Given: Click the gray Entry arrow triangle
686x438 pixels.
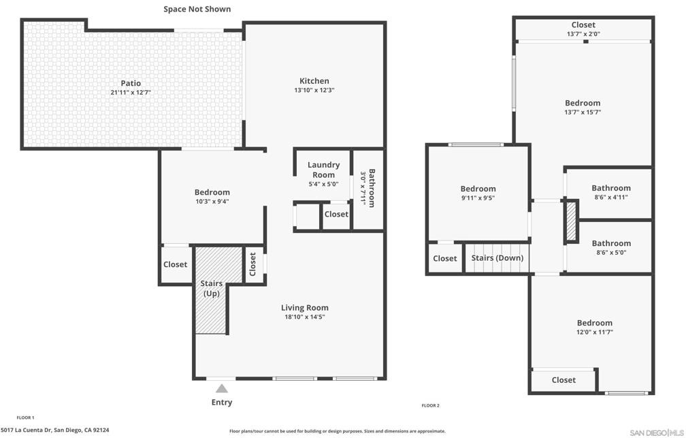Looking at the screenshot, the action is pos(222,388).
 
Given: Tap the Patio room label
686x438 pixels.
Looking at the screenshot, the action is pos(131,83).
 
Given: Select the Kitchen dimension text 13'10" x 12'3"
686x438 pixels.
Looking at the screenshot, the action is pos(314,90).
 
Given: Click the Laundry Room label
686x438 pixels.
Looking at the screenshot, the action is pos(323,170).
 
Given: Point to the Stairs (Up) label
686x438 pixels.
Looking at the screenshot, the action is pos(211,288).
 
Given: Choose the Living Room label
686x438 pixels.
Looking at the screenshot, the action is pos(304,307).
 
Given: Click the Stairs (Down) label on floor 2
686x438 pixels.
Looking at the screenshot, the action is pos(497,257).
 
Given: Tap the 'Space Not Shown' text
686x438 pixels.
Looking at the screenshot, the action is pos(197,9).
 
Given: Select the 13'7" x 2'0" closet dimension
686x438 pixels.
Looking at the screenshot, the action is pos(583,34).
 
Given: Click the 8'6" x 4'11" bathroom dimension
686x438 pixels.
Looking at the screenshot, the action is pos(610,197).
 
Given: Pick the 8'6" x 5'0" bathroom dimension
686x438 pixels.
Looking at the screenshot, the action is pos(611,252).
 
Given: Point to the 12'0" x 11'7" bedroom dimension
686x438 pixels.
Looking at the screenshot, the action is pos(594,332).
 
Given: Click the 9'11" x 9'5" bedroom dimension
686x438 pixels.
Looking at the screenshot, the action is pos(478,198).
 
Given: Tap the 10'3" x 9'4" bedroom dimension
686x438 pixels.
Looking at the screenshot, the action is pos(212,202).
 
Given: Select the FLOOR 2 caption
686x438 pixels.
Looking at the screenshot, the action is pos(431,405).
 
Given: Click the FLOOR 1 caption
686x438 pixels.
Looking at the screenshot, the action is pos(25,418).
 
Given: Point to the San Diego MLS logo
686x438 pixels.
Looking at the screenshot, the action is pos(656,433).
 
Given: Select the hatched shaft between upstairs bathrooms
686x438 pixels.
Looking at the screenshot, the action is pos(571,221).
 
